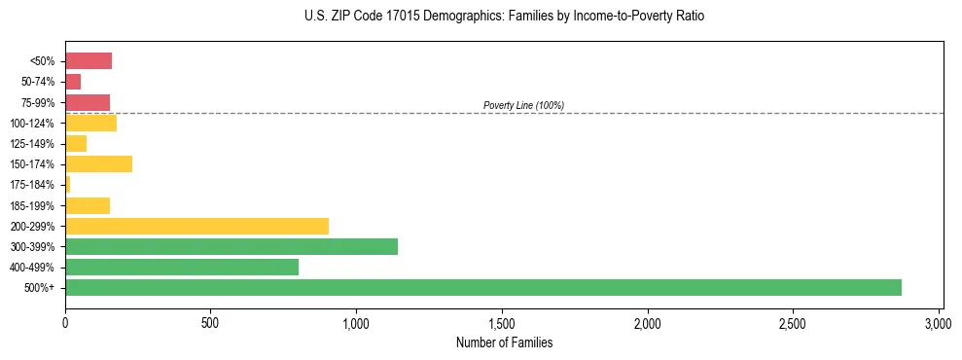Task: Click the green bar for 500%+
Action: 483,287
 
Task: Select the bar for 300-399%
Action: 232,246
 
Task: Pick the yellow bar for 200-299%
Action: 196,226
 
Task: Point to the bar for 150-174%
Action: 98,163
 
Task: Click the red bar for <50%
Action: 89,61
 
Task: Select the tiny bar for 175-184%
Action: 68,184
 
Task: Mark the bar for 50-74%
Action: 73,82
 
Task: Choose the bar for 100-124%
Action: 90,123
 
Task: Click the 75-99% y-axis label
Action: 38,103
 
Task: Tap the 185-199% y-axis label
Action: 34,205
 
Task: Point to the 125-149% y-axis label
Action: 34,144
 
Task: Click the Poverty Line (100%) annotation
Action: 523,105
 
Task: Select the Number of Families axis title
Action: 504,342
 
